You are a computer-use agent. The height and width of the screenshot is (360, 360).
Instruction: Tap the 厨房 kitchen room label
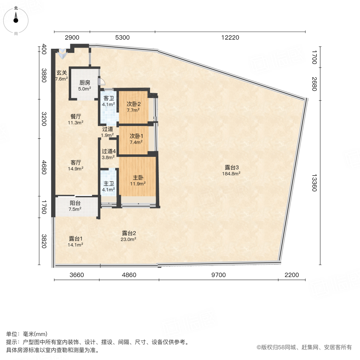click(84, 83)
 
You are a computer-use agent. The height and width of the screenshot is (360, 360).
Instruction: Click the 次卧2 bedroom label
click(133, 104)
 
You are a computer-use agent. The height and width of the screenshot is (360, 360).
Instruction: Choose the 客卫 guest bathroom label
click(108, 98)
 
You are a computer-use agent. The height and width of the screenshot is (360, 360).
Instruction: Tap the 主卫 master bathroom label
click(108, 183)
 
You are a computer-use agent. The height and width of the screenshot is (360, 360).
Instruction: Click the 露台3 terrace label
click(231, 167)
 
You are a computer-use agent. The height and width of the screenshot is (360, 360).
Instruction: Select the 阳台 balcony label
click(75, 203)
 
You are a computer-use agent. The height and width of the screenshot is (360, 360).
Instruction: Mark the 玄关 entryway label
click(61, 73)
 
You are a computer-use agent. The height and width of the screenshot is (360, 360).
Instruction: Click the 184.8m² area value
click(231, 174)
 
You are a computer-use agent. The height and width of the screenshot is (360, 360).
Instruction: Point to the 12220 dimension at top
click(230, 38)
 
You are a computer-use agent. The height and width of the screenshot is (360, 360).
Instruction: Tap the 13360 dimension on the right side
click(314, 182)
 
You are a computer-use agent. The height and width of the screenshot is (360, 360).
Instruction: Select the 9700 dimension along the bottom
click(218, 275)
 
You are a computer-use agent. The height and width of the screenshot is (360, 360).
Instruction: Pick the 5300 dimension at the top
click(122, 38)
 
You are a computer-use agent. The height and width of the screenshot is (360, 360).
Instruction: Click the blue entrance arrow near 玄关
click(62, 52)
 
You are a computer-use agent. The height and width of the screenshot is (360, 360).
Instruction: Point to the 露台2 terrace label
click(129, 233)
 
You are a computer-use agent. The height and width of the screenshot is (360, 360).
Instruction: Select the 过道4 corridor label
click(108, 151)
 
